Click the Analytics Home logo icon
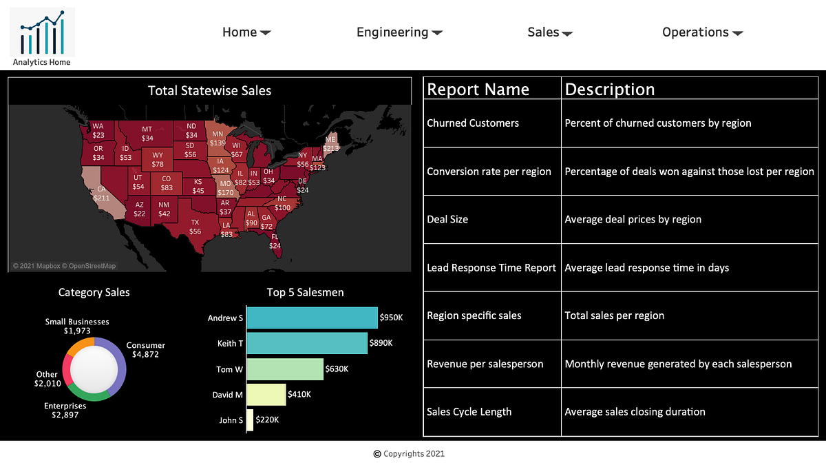coord(42,32)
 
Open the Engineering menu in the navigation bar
coord(399,32)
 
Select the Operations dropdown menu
coord(702,32)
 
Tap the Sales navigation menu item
coord(549,32)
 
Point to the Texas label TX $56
coord(195,227)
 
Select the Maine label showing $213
coord(331,143)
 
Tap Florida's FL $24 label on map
coord(275,241)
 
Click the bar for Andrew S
coord(312,318)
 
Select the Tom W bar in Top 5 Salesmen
coord(284,369)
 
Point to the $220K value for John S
coord(267,420)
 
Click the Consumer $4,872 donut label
coord(145,350)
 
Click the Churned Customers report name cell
coord(473,123)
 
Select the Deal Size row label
coord(447,219)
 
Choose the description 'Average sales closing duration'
coord(635,412)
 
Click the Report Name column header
coord(478,90)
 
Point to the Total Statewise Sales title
coord(209,91)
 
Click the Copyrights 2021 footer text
coord(409,453)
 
